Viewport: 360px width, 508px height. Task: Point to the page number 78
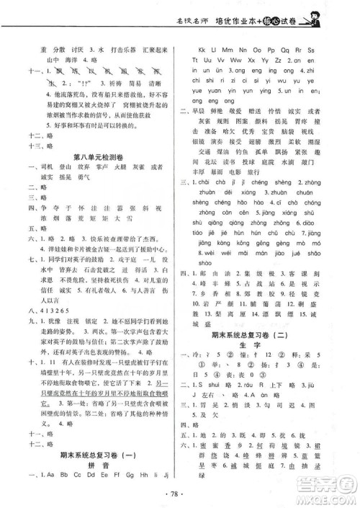181,495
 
